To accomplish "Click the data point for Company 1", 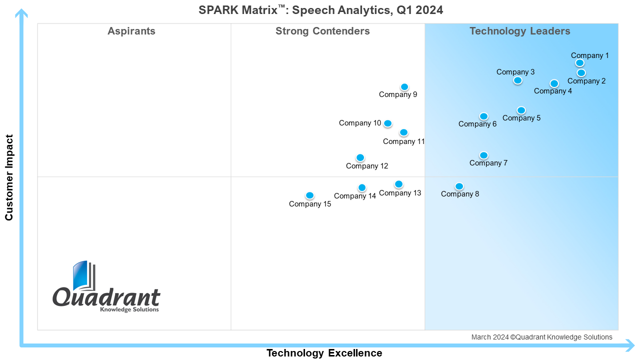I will [579, 63].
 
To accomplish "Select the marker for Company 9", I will [404, 87].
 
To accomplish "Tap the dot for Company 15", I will [309, 195].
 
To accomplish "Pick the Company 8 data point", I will [459, 186].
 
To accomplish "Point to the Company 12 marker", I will [360, 157].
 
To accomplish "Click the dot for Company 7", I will [483, 155].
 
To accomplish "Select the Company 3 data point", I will [517, 80].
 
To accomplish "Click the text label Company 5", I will [521, 118].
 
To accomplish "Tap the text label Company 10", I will [360, 123].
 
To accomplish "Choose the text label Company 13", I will [400, 193].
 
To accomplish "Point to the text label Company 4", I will [553, 91].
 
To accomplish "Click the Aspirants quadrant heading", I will [131, 31].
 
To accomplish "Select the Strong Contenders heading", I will [322, 31].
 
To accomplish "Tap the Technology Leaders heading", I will [519, 31].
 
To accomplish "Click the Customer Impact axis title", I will [9, 177].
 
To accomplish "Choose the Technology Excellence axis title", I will [324, 353].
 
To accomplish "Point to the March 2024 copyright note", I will [541, 337].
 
